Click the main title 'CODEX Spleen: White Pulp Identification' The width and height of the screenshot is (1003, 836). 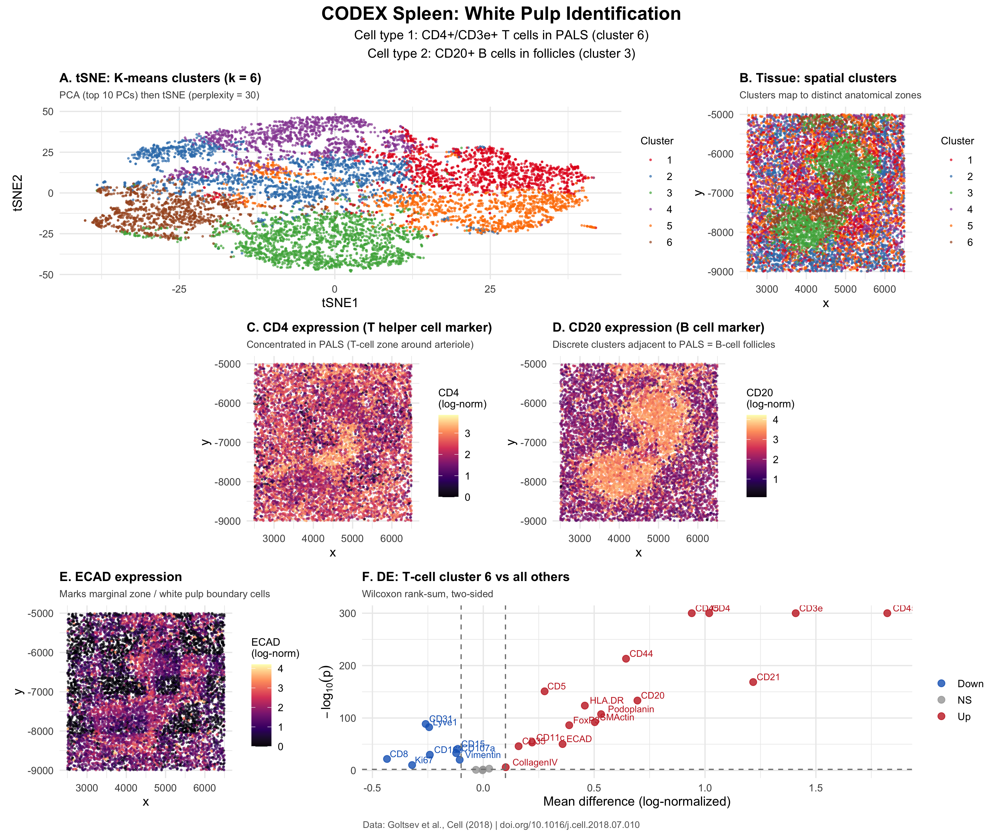pyautogui.click(x=501, y=14)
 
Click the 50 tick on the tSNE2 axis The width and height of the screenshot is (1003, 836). pyautogui.click(x=48, y=112)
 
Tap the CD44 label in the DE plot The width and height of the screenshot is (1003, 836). pyautogui.click(x=641, y=653)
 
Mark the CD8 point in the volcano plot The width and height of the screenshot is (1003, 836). pyautogui.click(x=387, y=759)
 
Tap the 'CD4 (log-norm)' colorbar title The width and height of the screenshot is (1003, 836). pyautogui.click(x=462, y=398)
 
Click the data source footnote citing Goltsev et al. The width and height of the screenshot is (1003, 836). pyautogui.click(x=501, y=825)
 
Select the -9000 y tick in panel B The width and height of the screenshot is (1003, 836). pyautogui.click(x=720, y=272)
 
